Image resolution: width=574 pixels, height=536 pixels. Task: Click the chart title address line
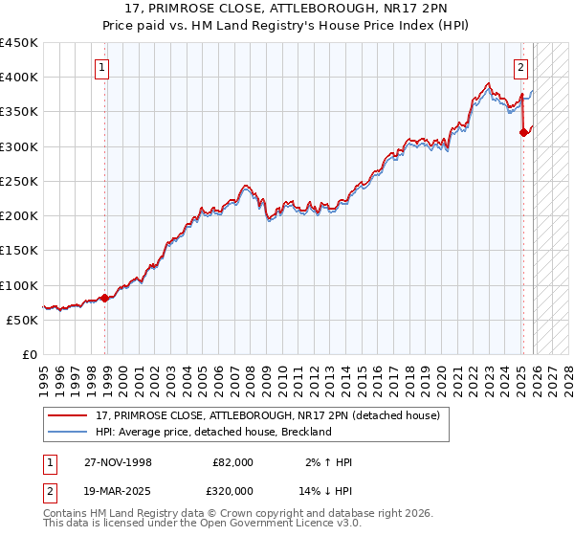pyautogui.click(x=287, y=9)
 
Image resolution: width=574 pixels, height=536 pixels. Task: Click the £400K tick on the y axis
pyautogui.click(x=19, y=78)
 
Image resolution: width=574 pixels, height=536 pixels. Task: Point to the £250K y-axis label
pyautogui.click(x=19, y=181)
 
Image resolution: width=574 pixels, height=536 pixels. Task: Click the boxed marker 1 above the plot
pyautogui.click(x=102, y=67)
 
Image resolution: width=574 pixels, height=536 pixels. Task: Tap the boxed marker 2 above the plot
pyautogui.click(x=521, y=67)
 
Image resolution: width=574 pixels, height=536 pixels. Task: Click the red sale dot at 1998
pyautogui.click(x=105, y=298)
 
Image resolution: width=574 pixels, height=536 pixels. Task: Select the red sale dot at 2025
pyautogui.click(x=523, y=133)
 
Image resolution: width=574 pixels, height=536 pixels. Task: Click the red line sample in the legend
pyautogui.click(x=69, y=415)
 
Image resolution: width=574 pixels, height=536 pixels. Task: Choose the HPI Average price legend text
pyautogui.click(x=212, y=432)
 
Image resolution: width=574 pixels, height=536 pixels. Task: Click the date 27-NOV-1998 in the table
pyautogui.click(x=118, y=462)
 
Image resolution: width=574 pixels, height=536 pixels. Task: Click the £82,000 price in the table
pyautogui.click(x=232, y=462)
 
